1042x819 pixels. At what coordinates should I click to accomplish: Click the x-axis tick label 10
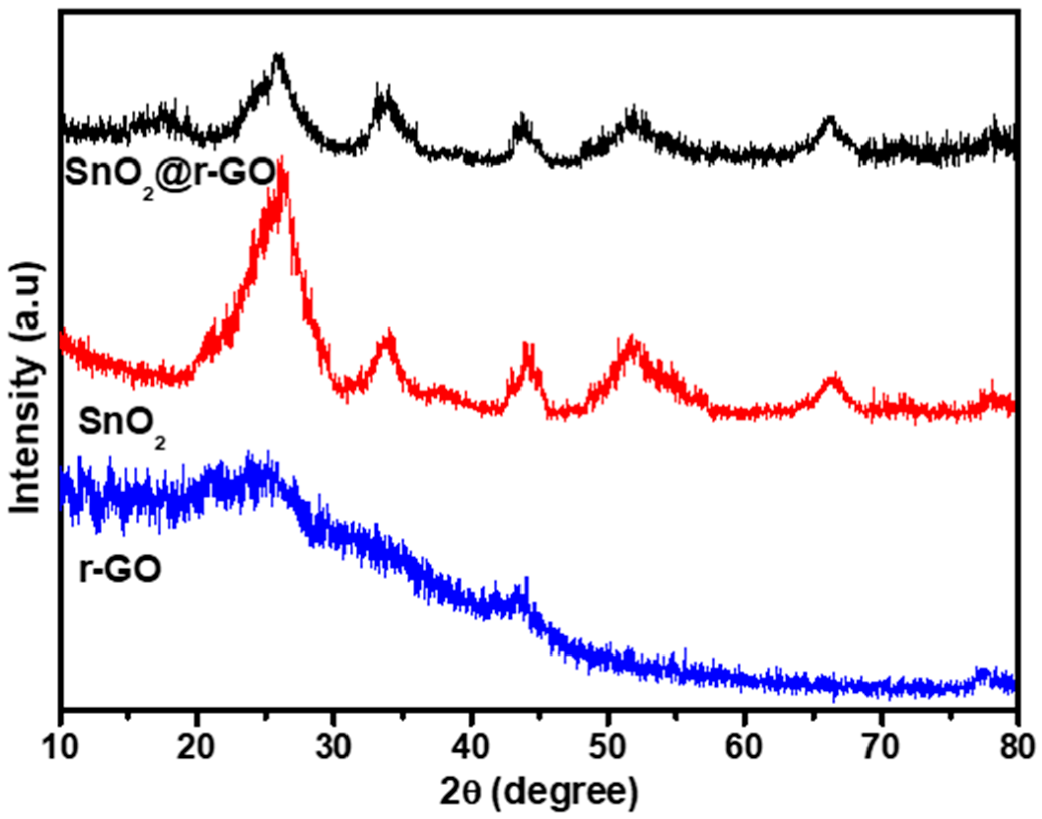61,746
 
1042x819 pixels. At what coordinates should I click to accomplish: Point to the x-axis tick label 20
197,746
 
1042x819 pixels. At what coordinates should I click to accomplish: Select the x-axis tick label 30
334,746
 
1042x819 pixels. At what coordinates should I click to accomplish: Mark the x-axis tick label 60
744,746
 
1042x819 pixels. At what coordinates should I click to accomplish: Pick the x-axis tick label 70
881,746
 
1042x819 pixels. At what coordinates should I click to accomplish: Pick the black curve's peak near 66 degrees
830,119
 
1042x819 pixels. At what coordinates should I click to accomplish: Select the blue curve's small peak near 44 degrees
526,582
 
